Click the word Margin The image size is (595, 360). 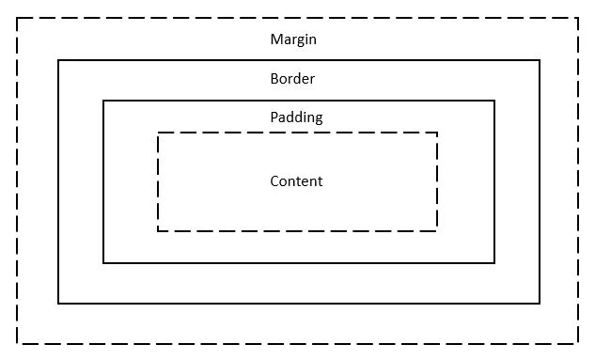[x=293, y=39]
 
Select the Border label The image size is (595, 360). [x=292, y=79]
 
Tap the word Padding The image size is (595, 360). [x=296, y=118]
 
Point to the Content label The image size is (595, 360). [x=296, y=181]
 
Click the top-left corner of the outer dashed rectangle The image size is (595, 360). [x=18, y=18]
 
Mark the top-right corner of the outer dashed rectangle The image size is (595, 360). [x=578, y=18]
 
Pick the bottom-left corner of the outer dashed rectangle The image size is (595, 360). [x=18, y=343]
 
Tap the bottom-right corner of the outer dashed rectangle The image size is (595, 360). [x=578, y=343]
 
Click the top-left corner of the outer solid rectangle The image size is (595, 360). [x=58, y=60]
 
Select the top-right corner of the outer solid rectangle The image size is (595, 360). [x=540, y=60]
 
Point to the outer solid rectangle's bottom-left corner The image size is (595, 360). [x=58, y=303]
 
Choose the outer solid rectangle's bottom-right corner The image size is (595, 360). [x=540, y=303]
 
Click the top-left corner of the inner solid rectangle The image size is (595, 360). [x=103, y=101]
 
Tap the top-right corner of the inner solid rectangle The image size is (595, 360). [x=494, y=101]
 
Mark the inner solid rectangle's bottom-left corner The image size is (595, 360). [x=103, y=262]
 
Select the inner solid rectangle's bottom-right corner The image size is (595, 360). [x=494, y=262]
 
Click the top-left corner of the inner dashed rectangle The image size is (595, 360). [x=158, y=133]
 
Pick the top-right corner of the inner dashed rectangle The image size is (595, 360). [x=437, y=133]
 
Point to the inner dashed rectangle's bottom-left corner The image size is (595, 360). [x=158, y=230]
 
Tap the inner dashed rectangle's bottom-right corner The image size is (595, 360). [x=437, y=230]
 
